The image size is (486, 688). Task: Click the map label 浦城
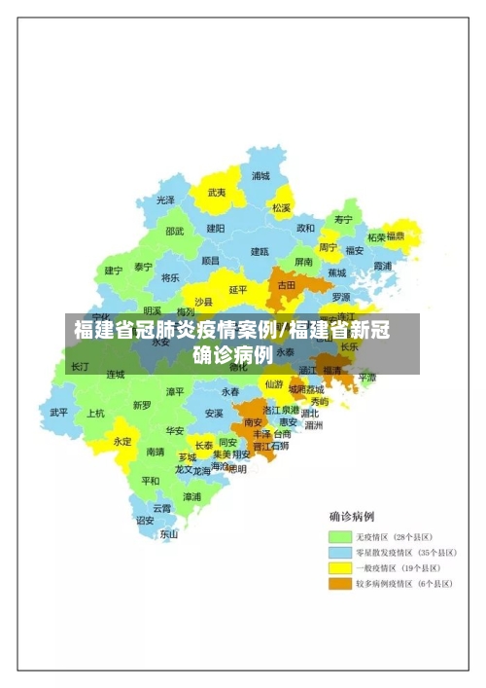(260, 176)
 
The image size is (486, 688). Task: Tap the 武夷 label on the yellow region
(216, 193)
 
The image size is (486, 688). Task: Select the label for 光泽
(166, 199)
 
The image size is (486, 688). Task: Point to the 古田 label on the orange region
(286, 285)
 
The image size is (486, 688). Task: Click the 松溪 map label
(281, 207)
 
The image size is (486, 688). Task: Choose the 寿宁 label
(343, 219)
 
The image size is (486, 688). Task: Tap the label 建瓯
(260, 251)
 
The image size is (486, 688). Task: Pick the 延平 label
(238, 289)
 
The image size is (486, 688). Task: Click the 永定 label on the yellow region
(122, 441)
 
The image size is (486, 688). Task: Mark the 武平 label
(59, 412)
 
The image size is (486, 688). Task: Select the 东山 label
(169, 533)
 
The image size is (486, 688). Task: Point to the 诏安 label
(145, 520)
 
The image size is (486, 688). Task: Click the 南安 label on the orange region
(254, 422)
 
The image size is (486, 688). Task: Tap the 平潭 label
(366, 377)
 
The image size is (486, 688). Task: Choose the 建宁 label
(114, 271)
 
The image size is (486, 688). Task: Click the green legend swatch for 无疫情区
(339, 537)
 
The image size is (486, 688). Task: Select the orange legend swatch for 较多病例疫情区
(339, 584)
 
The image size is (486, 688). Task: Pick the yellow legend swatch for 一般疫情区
(339, 568)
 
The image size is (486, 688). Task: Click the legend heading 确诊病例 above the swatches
(352, 516)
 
